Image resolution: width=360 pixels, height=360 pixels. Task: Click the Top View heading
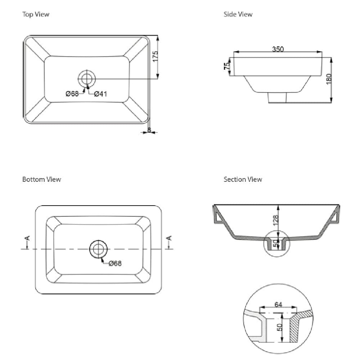click(36, 14)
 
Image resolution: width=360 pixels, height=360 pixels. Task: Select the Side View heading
click(238, 14)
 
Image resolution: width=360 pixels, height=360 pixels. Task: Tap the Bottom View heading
click(41, 179)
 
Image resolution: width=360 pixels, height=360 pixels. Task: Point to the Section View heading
click(243, 179)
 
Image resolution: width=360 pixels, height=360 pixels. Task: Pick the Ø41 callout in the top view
click(100, 94)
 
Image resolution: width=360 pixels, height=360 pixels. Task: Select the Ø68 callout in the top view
click(72, 94)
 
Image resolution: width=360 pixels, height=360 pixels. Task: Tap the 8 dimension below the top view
click(149, 130)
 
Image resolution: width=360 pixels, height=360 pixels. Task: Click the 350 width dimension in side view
click(278, 49)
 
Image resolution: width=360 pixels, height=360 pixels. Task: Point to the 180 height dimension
click(329, 79)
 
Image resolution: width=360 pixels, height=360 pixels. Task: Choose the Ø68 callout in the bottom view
click(115, 264)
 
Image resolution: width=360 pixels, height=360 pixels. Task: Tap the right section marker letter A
click(170, 238)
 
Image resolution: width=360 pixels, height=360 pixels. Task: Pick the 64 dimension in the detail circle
click(278, 305)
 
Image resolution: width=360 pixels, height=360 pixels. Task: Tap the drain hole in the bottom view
click(98, 249)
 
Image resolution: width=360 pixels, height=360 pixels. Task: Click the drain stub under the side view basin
click(278, 97)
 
